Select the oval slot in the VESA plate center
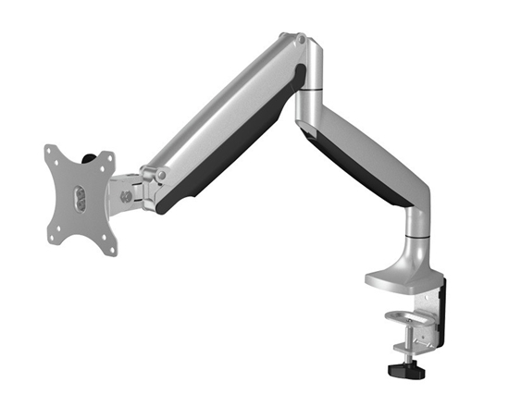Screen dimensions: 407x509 [x=79, y=198]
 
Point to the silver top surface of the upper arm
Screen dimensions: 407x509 [x=222, y=111]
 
